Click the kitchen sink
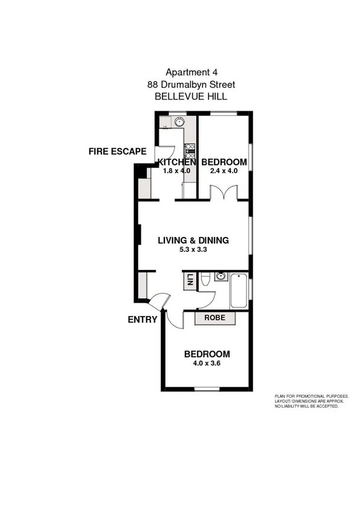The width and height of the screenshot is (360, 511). tap(178, 122)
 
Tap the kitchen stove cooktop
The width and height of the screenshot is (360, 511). tap(190, 149)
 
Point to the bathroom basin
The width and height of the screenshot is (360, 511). tap(220, 278)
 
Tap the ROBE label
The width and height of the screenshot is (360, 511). tap(214, 318)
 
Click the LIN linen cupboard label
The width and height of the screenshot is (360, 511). tap(189, 281)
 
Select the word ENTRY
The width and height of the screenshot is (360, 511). tap(143, 320)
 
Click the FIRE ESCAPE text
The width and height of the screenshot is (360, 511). tap(117, 152)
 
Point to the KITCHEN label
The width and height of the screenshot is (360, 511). tap(176, 162)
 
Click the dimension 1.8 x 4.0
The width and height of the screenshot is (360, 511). tap(176, 171)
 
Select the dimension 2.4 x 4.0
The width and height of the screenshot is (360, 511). tap(223, 171)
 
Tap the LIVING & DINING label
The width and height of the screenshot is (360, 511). tap(193, 240)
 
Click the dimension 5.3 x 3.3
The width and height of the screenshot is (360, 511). tap(193, 249)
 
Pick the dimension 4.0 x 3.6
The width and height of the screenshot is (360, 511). tap(207, 363)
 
